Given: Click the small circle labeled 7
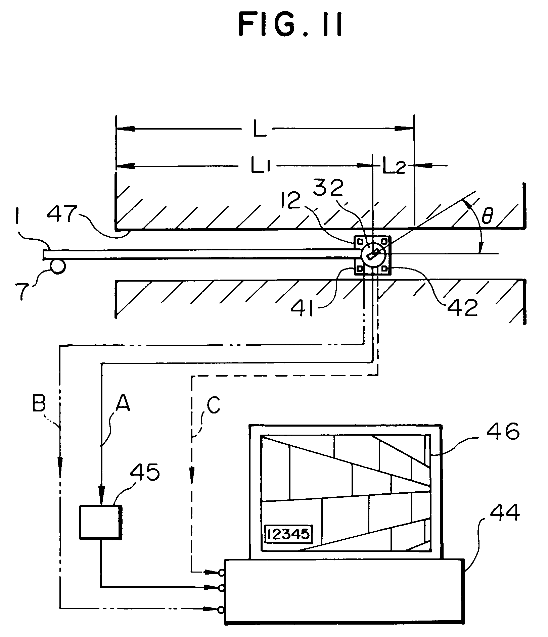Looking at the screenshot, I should pos(57,266).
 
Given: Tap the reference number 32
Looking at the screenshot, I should pos(327,189).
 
